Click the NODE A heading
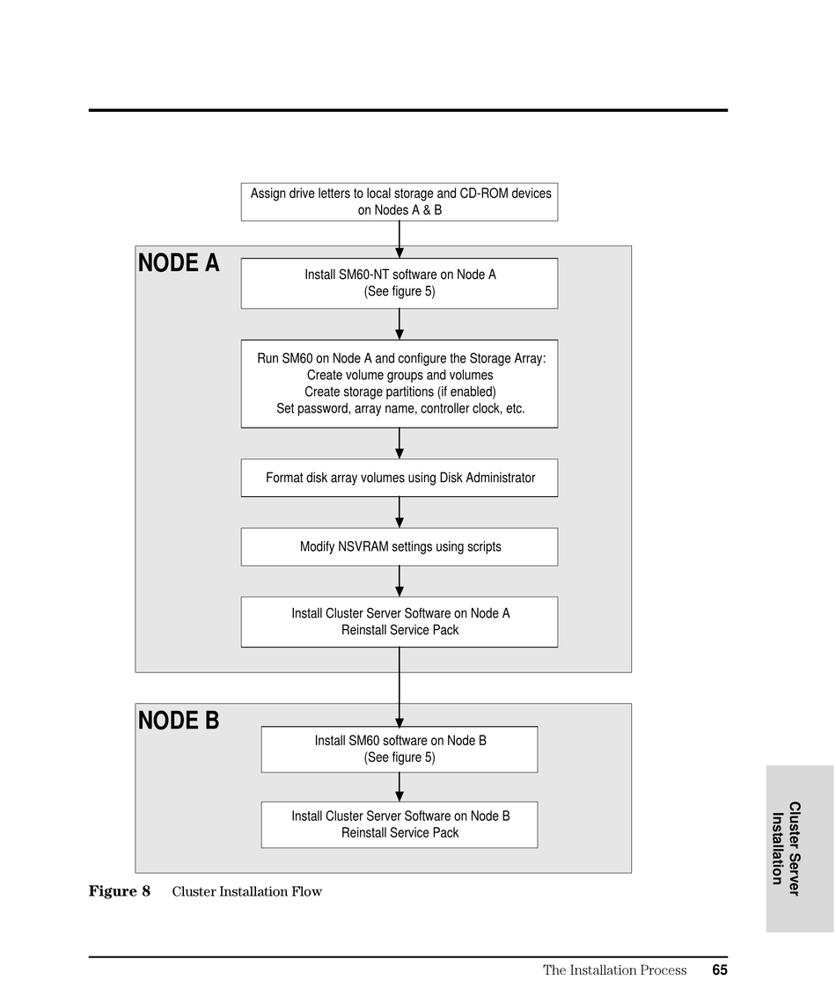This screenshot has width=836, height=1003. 179,263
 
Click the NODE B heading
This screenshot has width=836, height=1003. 179,721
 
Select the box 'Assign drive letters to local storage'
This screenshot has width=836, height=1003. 400,202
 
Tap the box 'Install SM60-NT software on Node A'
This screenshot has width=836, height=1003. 400,283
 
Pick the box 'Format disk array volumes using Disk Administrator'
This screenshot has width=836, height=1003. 400,478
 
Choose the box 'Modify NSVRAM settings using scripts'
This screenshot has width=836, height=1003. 400,547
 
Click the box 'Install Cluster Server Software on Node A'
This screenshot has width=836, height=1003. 400,622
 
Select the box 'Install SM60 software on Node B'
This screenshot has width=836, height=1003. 400,750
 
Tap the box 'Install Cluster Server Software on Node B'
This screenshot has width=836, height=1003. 400,825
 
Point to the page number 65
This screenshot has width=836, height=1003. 720,970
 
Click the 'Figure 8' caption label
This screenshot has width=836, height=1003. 120,891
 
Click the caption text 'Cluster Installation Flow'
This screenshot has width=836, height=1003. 247,891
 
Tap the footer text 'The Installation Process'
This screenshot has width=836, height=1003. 615,970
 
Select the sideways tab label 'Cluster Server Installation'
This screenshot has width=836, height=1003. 786,849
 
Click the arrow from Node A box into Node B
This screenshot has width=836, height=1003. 400,687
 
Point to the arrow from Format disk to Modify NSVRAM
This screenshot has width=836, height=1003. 400,512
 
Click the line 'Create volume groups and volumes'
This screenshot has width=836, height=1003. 400,376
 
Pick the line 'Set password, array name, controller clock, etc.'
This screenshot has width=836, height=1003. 400,409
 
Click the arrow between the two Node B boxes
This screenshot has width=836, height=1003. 400,787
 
